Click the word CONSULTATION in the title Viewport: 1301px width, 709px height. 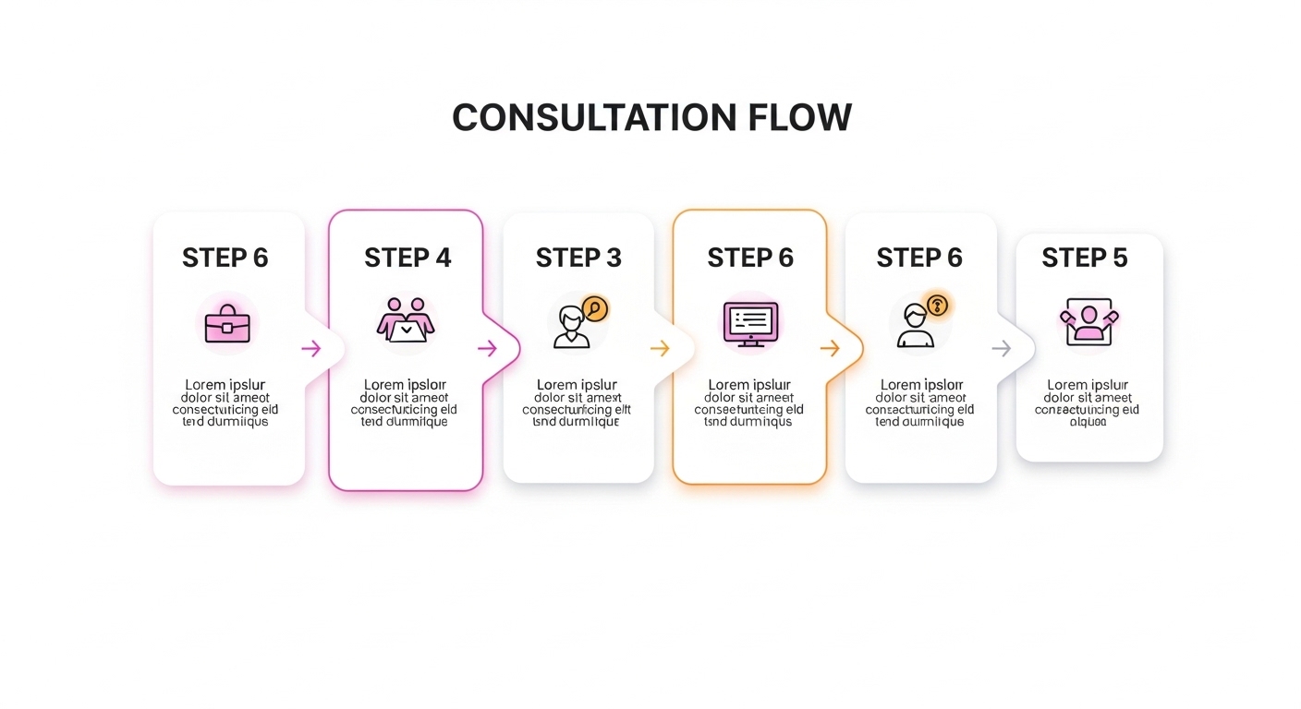[x=593, y=118]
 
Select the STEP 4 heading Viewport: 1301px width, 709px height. [x=407, y=258]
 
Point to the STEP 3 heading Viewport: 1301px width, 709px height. [x=578, y=258]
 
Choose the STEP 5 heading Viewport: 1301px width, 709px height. [x=1085, y=258]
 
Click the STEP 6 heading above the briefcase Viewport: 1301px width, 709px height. [x=225, y=258]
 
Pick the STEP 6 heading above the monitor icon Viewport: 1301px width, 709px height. [x=750, y=258]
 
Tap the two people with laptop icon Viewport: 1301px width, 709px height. [x=406, y=321]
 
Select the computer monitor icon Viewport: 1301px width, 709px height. [x=750, y=323]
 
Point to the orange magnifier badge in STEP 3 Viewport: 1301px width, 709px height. [x=595, y=309]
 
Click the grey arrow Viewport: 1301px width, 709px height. [x=1002, y=348]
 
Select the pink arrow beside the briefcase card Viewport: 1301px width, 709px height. [x=311, y=348]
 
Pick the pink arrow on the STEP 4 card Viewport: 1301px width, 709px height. [x=487, y=348]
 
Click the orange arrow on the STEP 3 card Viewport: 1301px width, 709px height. [x=660, y=348]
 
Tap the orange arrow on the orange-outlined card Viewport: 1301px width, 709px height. [x=830, y=348]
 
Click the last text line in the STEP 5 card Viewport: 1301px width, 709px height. [x=1088, y=422]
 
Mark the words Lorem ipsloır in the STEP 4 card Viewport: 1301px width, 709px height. [x=405, y=385]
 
